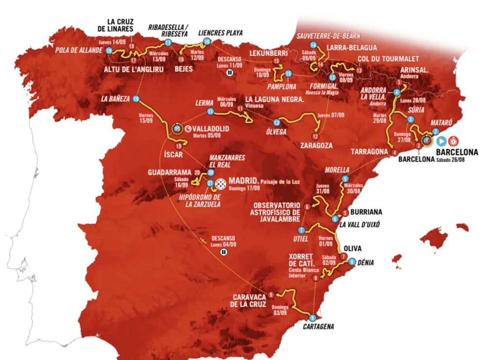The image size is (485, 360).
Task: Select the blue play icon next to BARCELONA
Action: coord(441,141)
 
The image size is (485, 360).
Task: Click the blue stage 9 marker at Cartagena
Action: coord(312,317)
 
